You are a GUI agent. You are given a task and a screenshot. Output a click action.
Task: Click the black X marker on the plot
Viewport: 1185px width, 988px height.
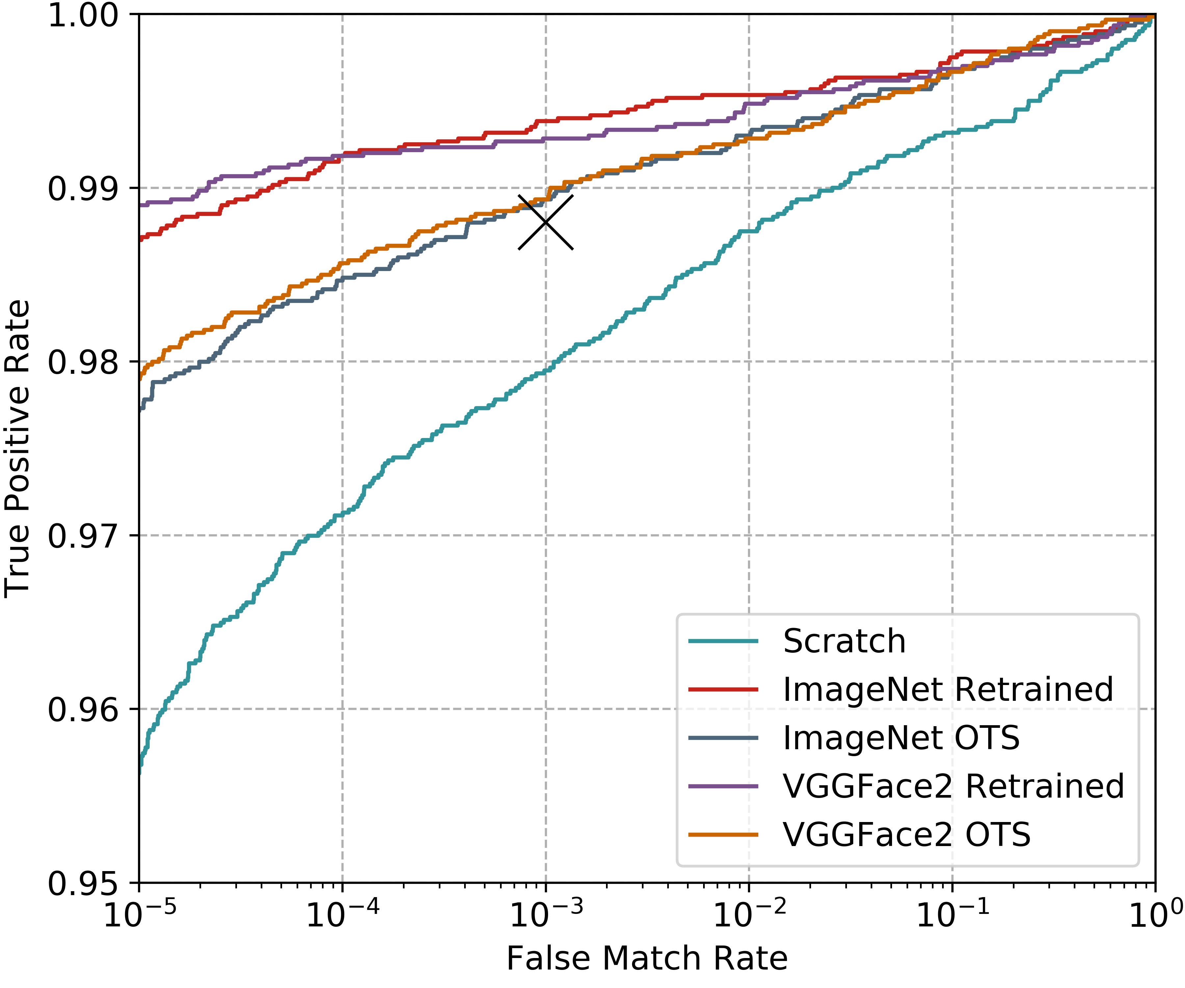pyautogui.click(x=546, y=222)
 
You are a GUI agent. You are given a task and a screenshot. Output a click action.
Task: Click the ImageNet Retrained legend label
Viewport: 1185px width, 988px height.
pyautogui.click(x=948, y=690)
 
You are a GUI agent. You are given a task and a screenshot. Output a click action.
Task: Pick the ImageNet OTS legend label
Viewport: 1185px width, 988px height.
pyautogui.click(x=901, y=738)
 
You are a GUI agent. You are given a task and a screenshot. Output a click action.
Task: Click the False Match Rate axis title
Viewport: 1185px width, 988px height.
pyautogui.click(x=647, y=959)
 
